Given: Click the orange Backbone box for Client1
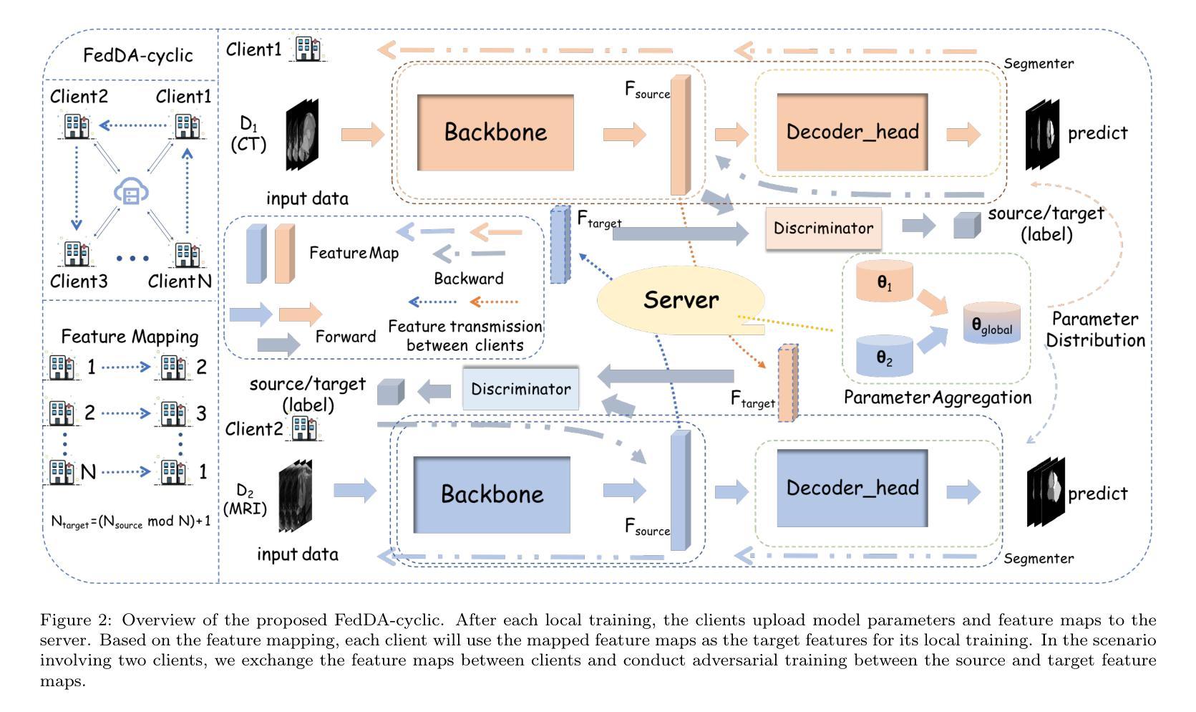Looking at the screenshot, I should tap(495, 133).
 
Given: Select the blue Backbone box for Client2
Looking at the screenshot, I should tap(492, 494).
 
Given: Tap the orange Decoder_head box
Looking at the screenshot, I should tap(852, 132).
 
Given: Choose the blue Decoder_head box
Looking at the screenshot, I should tap(852, 488).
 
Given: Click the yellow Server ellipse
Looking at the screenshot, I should tap(680, 300).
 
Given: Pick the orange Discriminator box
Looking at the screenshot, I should tap(823, 228).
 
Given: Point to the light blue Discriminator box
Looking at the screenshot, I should tap(520, 390).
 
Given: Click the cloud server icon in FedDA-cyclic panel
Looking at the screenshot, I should tap(131, 193).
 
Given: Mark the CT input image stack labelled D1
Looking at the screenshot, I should tap(303, 135).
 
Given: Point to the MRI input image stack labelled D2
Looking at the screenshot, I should tap(296, 496).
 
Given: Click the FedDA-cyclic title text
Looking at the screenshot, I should tap(137, 55).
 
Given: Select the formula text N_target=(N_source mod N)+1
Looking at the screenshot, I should tap(130, 521).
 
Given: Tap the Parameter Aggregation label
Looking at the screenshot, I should tap(937, 398).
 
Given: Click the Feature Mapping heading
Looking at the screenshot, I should tap(130, 337).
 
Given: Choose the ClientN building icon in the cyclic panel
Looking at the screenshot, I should tap(187, 254).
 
